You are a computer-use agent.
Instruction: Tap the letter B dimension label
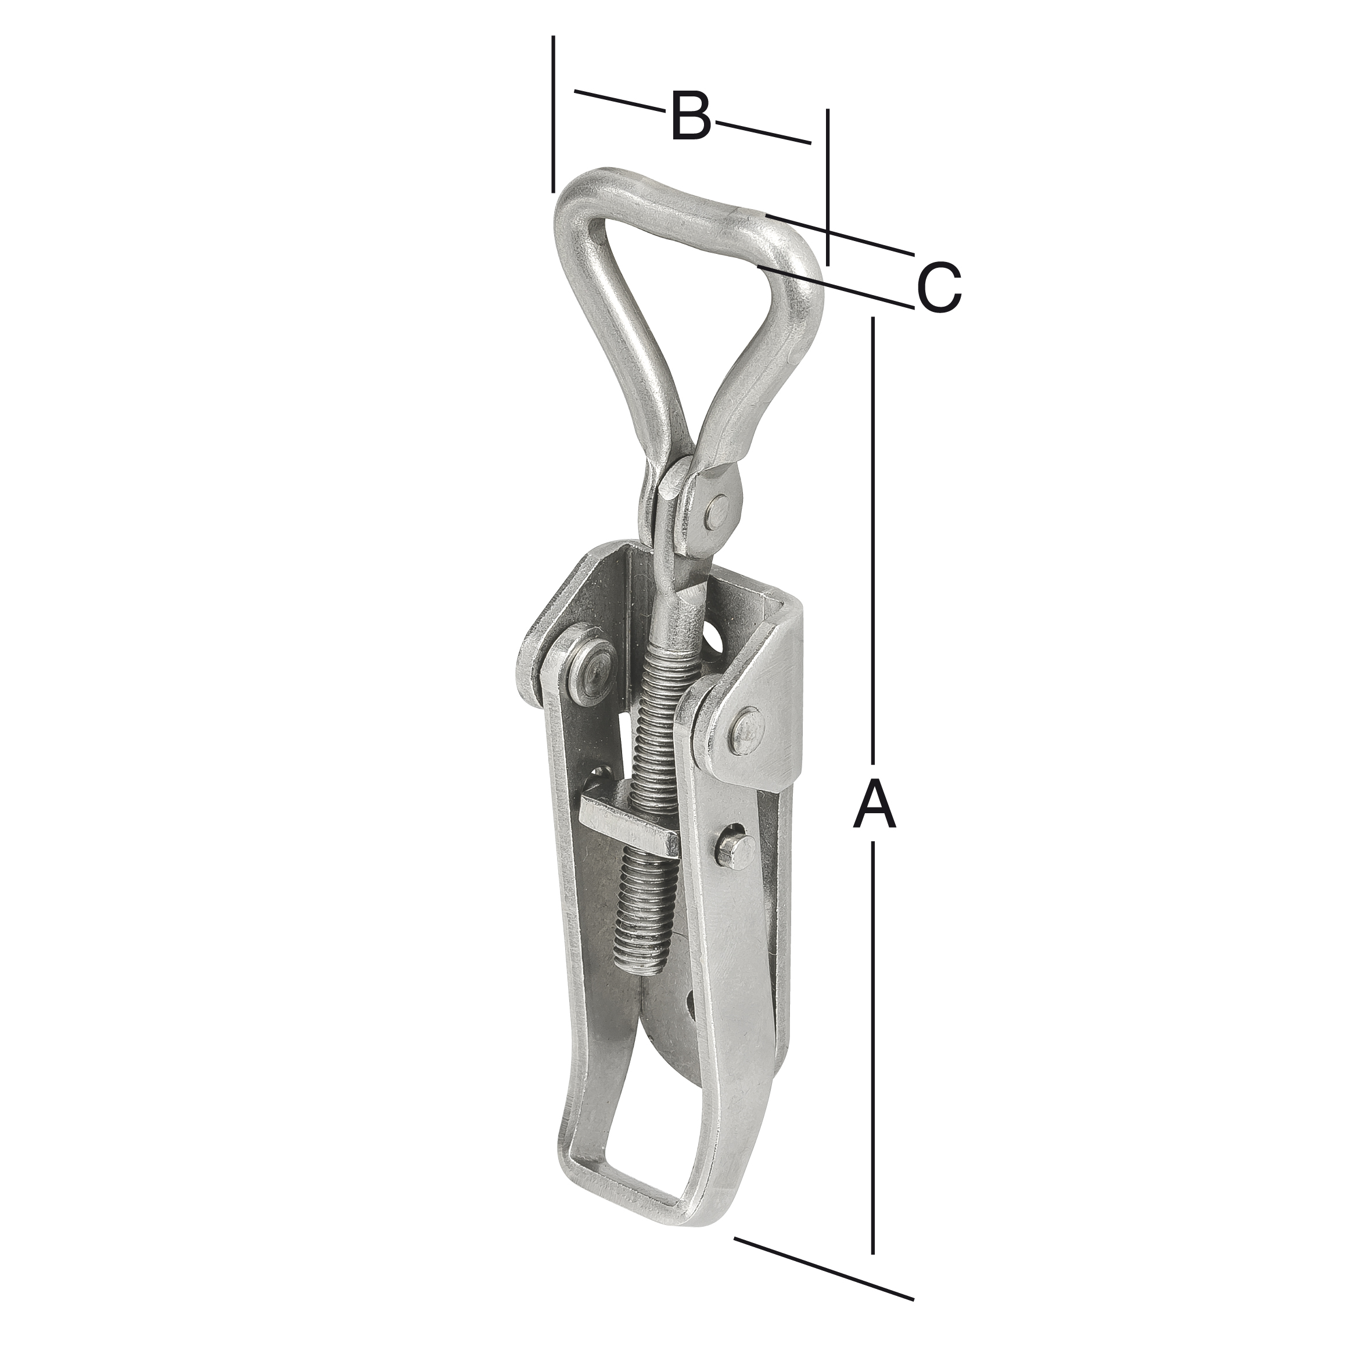click(690, 116)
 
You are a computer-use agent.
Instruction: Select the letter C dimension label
click(939, 288)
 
